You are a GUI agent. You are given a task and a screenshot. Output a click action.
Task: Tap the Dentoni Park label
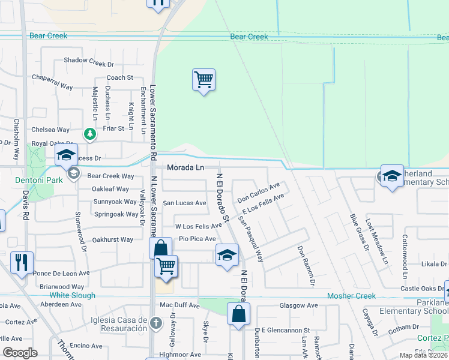(x=34, y=180)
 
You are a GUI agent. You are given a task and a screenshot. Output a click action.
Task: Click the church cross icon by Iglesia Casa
(x=156, y=324)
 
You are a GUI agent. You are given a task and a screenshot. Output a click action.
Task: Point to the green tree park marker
(x=90, y=134)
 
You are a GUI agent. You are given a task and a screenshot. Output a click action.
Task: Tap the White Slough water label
(x=72, y=295)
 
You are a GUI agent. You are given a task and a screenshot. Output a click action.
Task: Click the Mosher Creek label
(x=351, y=296)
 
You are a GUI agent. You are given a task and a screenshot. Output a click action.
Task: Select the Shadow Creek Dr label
(x=89, y=61)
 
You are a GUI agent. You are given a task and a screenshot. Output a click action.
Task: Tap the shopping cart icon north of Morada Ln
(x=203, y=79)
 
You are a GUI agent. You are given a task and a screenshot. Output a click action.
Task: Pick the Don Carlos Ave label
(x=259, y=193)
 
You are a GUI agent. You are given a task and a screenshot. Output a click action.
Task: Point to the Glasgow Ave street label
(x=298, y=305)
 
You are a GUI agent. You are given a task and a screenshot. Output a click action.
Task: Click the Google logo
(x=20, y=353)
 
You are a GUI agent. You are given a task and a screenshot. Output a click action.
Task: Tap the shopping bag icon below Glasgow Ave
(x=238, y=314)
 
